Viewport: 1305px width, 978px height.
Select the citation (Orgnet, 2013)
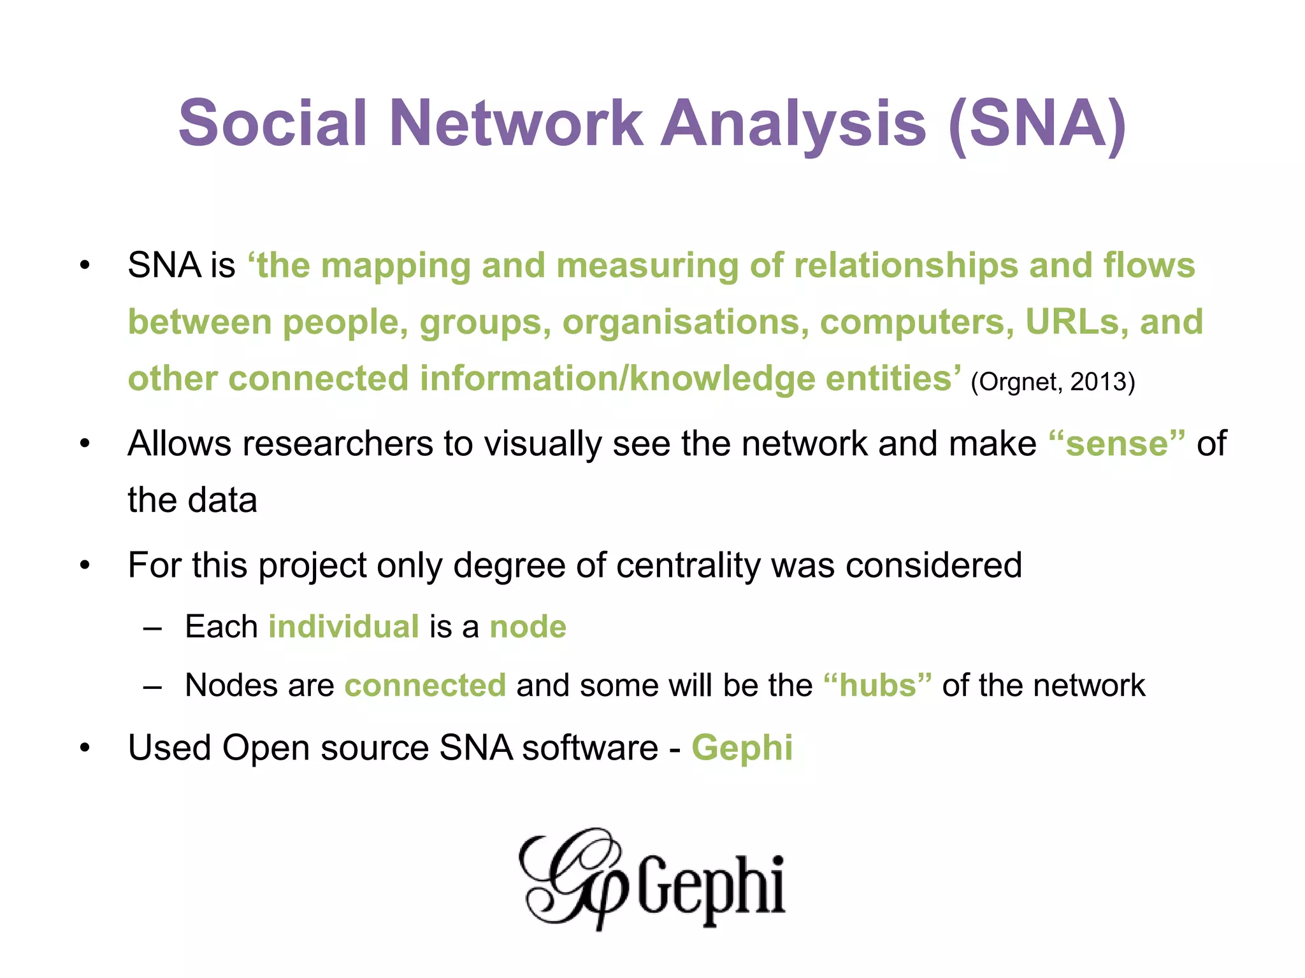[x=1053, y=382]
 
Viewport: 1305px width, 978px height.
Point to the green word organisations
[x=685, y=323]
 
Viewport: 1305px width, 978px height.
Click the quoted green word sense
[x=1117, y=444]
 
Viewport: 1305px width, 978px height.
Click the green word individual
[x=343, y=627]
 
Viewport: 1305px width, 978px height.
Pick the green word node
[x=528, y=627]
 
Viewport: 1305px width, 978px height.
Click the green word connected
[x=425, y=686]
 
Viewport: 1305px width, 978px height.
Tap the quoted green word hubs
[x=877, y=686]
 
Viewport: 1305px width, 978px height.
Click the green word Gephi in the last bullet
[x=742, y=748]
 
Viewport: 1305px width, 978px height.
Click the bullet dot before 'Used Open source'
[x=85, y=749]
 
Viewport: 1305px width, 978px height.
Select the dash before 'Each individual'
[x=153, y=628]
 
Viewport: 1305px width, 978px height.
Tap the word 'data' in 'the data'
[x=220, y=500]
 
